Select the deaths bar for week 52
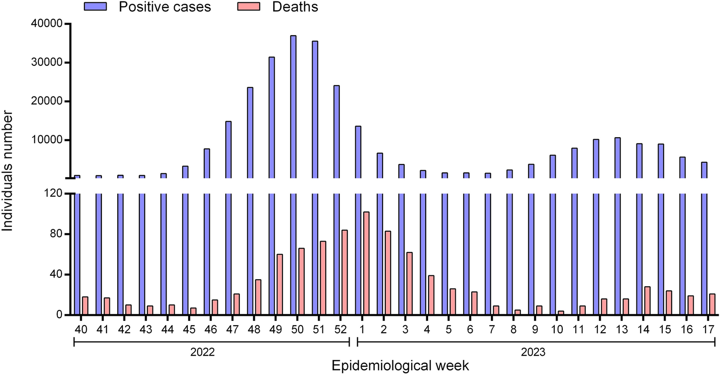(345, 272)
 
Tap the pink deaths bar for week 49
(280, 284)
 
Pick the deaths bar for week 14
(647, 301)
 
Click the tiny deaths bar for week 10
(560, 312)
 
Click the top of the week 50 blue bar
(293, 37)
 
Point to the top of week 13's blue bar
(618, 139)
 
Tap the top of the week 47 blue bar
(229, 122)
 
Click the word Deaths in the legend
(295, 7)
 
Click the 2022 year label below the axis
(203, 352)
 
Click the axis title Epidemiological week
(400, 366)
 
